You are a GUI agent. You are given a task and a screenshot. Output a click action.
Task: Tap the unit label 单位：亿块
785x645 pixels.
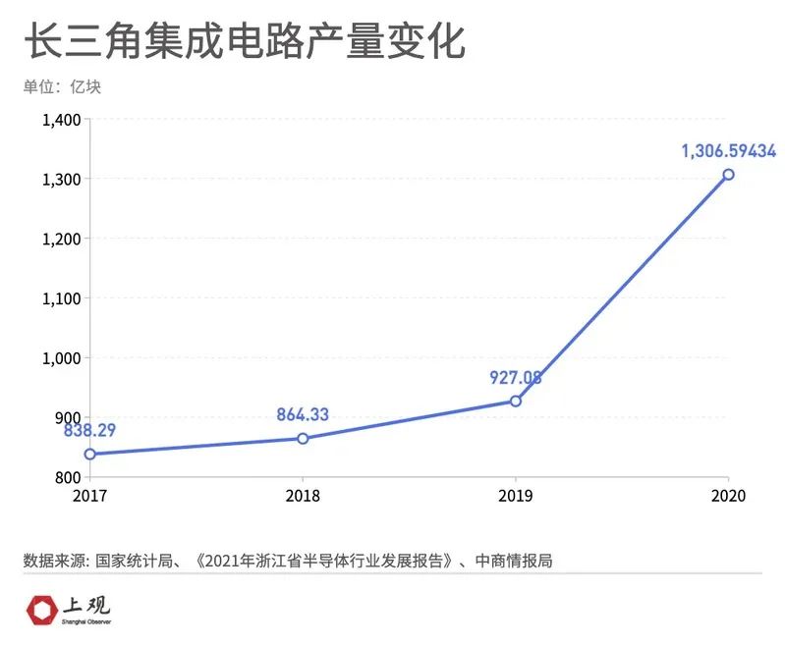[x=62, y=86]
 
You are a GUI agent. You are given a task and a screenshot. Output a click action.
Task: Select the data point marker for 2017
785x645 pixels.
[x=90, y=454]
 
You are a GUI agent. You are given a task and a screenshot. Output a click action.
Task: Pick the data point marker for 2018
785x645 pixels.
[x=303, y=438]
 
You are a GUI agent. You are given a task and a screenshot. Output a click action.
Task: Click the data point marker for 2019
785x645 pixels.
[x=516, y=401]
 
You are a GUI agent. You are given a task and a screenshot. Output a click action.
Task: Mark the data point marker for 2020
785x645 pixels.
[x=728, y=175]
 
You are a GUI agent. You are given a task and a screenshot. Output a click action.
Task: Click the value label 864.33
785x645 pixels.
[x=303, y=414]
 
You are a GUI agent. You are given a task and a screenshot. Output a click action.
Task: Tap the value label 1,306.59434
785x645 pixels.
[x=728, y=151]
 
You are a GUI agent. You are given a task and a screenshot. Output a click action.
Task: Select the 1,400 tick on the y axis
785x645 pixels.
[x=61, y=120]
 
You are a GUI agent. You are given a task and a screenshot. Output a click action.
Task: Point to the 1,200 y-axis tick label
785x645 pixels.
[x=61, y=239]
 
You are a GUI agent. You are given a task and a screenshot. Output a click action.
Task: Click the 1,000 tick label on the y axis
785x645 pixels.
[x=61, y=358]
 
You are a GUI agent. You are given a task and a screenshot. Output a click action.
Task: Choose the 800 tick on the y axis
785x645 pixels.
[x=68, y=477]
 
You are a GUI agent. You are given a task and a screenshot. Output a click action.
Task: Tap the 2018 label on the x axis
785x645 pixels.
[x=303, y=496]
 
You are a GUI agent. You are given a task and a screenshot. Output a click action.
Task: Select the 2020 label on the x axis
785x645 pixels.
[x=728, y=496]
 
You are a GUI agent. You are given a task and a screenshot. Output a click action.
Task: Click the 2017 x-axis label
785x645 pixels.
[x=90, y=496]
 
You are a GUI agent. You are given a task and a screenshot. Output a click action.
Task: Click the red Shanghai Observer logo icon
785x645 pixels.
[x=40, y=610]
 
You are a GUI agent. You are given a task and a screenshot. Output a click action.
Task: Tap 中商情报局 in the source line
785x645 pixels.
[x=514, y=562]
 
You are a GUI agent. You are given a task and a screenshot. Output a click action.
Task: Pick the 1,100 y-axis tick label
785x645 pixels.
[x=61, y=298]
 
